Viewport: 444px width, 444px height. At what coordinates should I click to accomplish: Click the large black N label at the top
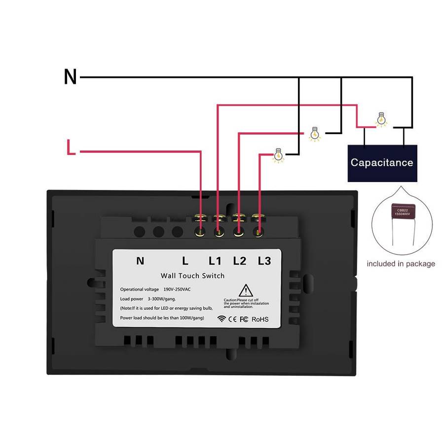click(x=71, y=77)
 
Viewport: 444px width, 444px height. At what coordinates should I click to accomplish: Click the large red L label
click(x=71, y=148)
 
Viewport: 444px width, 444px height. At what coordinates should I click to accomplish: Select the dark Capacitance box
click(x=382, y=163)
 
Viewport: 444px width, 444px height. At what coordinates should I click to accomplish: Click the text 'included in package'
click(x=401, y=264)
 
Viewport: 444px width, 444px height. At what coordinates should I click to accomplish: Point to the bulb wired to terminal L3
click(x=279, y=155)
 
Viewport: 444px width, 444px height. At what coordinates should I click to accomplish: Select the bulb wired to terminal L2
click(x=314, y=134)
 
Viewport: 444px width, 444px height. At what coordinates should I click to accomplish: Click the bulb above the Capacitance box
click(x=381, y=120)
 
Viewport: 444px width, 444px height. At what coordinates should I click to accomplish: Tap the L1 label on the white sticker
click(x=215, y=261)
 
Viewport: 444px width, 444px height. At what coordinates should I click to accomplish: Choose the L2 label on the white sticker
click(x=240, y=261)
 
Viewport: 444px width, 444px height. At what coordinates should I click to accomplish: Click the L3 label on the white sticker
click(x=264, y=261)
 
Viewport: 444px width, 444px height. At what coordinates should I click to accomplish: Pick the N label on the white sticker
click(x=140, y=261)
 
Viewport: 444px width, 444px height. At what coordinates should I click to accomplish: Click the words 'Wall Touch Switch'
click(x=192, y=276)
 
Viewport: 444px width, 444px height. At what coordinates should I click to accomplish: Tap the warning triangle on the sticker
click(x=246, y=291)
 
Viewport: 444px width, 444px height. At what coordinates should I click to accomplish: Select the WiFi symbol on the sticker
click(x=222, y=319)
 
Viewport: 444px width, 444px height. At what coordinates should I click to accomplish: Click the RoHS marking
click(x=260, y=319)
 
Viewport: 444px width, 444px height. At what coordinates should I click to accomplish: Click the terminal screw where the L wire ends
click(x=199, y=231)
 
